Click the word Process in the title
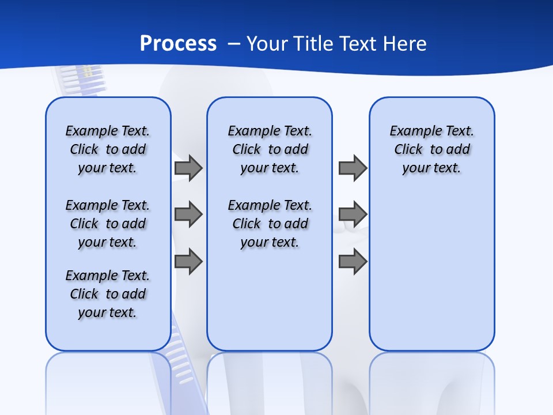pos(178,43)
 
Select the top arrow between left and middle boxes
pos(188,168)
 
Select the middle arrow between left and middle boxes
pos(188,214)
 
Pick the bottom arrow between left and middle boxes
pos(188,261)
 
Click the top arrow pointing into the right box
pos(353,168)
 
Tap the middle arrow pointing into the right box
pos(353,214)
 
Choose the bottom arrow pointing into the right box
pos(353,261)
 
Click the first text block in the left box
pos(108,149)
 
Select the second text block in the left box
pos(108,224)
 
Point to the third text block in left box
pos(108,294)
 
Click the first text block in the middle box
pos(270,149)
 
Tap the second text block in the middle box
pos(270,224)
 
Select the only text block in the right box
pos(432,149)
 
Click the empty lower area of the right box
pos(432,277)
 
